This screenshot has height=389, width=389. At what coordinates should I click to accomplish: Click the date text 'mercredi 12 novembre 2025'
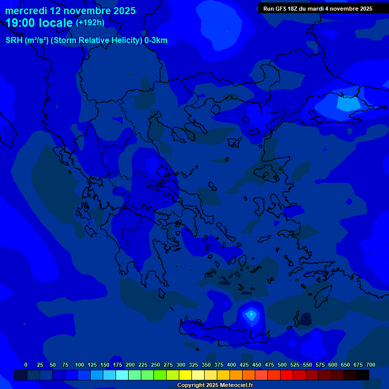[x=70, y=11]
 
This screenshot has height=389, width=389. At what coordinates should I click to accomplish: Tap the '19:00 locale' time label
[x=40, y=23]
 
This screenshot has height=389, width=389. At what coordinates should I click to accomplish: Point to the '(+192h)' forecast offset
[x=90, y=23]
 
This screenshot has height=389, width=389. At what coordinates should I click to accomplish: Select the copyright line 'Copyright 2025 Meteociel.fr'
[x=215, y=385]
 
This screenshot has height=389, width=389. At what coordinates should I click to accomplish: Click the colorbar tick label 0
[x=26, y=365]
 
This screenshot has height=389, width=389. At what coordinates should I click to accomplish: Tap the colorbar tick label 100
[x=80, y=365]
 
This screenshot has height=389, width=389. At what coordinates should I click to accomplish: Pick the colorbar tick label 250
[x=155, y=365]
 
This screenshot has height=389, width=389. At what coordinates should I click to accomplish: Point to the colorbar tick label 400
[x=231, y=365]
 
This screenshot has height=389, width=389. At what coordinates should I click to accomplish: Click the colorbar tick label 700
[x=371, y=365]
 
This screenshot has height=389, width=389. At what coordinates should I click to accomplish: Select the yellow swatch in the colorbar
[x=185, y=375]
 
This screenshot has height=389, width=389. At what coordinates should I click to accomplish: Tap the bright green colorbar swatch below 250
[x=160, y=375]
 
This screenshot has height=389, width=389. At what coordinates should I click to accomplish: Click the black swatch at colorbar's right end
[x=363, y=375]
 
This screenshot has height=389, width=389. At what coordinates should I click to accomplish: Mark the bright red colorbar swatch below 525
[x=287, y=375]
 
